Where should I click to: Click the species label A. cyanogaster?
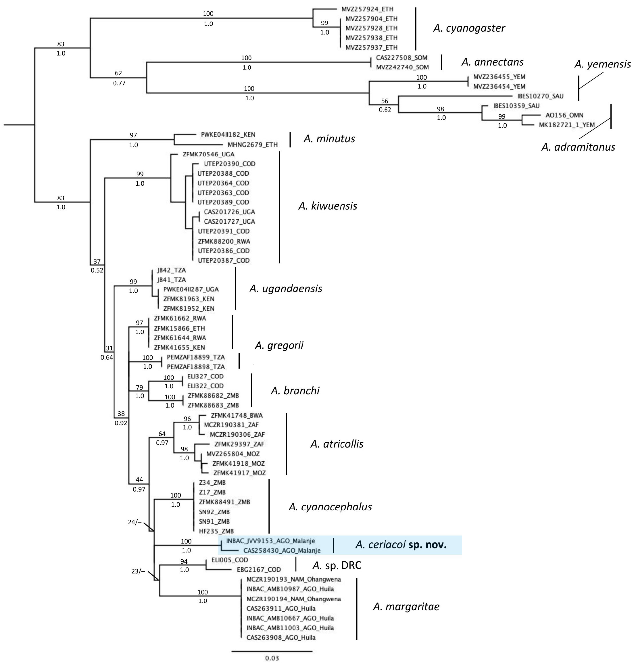[x=469, y=28]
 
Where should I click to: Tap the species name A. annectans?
[x=492, y=62]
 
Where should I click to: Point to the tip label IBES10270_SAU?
[x=540, y=96]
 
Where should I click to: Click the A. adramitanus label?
[x=578, y=147]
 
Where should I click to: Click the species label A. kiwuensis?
[x=328, y=206]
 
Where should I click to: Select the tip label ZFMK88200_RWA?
[x=224, y=241]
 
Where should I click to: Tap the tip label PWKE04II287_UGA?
[x=191, y=289]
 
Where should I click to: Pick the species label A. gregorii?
[x=279, y=346]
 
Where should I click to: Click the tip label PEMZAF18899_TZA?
[x=196, y=357]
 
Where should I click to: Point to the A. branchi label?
[x=295, y=391]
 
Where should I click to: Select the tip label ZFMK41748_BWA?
[x=237, y=415]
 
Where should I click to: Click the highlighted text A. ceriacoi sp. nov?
[x=401, y=545]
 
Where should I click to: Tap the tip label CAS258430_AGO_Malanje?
[x=282, y=551]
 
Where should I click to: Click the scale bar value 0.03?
[x=272, y=659]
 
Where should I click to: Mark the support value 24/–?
[x=134, y=522]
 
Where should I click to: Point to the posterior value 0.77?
[x=119, y=83]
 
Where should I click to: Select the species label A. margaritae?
[x=406, y=607]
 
